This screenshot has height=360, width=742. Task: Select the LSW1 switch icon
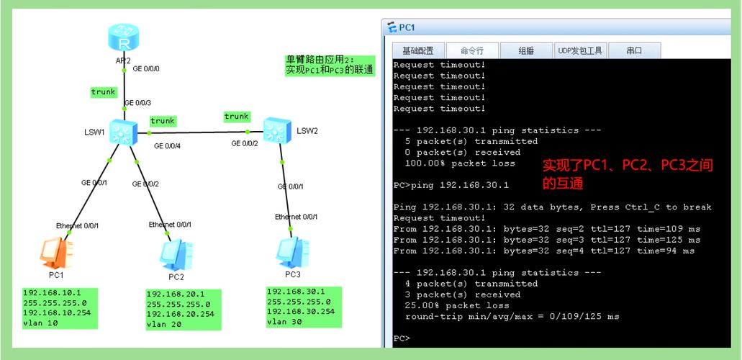click(124, 132)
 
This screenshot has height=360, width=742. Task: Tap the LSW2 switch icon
click(277, 130)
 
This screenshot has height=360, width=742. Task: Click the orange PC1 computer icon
click(57, 253)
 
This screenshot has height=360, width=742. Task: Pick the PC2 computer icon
click(176, 254)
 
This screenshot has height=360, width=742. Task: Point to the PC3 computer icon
click(293, 252)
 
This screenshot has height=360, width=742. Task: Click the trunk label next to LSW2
click(237, 116)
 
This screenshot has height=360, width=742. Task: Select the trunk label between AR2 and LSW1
click(103, 92)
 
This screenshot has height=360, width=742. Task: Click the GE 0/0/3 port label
click(137, 103)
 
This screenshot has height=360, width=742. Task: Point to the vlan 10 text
click(41, 323)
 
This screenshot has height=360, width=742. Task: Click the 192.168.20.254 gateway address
click(181, 314)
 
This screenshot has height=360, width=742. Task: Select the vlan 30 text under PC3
click(284, 322)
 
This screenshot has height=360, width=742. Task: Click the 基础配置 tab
click(418, 50)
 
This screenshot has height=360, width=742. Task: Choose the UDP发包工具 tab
click(580, 50)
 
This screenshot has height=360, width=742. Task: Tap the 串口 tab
click(634, 50)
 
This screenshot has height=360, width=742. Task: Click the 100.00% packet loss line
click(460, 163)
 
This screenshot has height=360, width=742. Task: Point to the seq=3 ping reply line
click(547, 240)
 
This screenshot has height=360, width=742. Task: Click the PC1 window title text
click(407, 28)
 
